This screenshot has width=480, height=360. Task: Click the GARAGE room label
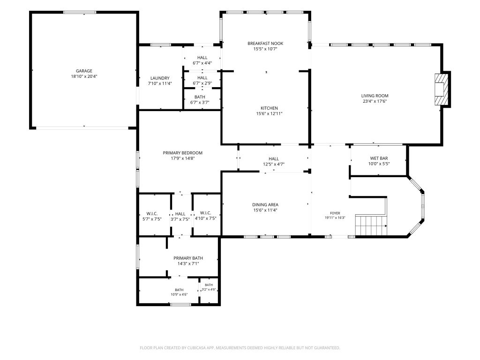84,71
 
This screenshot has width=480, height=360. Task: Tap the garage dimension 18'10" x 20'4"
84,76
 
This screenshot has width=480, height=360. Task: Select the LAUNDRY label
160,78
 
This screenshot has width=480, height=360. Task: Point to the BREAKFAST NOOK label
265,44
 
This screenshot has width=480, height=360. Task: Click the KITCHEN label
270,108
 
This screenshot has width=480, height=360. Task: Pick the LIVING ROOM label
375,96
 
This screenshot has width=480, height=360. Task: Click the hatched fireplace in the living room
441,90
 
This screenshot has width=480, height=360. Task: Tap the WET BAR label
379,158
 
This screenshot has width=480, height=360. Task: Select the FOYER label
335,213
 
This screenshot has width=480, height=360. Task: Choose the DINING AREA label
265,205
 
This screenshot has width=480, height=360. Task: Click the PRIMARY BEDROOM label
183,153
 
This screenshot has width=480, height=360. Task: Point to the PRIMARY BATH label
188,258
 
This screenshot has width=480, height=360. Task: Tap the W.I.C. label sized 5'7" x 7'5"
152,213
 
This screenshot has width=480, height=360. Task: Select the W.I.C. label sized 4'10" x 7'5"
206,213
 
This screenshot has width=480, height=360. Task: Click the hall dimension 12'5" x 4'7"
274,164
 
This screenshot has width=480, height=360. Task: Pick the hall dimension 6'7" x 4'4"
202,63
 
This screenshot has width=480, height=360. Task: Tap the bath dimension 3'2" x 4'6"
209,289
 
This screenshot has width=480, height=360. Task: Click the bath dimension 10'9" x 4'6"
179,294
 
